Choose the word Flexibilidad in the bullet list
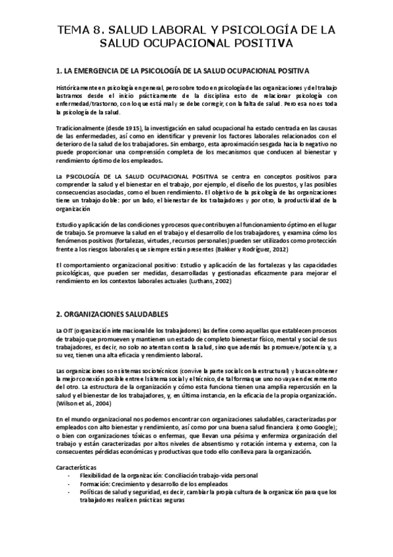[98, 474]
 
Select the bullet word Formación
[95, 483]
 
